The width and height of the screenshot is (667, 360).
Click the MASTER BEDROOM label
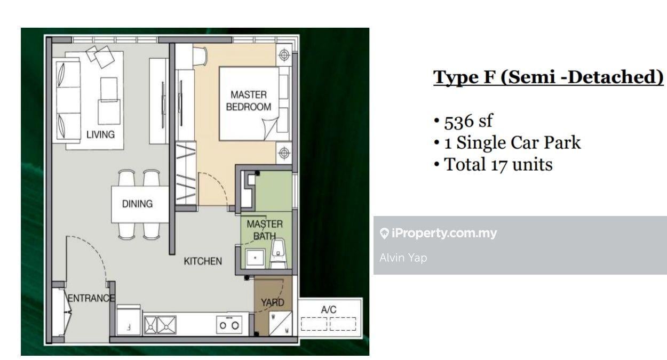coord(249,101)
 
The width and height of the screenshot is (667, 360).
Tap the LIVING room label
coord(100,134)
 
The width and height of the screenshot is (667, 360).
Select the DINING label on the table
coord(137,204)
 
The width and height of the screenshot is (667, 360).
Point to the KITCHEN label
coord(203,261)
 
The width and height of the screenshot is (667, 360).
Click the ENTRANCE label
coord(91,298)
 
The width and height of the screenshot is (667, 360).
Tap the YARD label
coord(273,302)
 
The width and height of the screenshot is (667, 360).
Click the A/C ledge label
coord(329,310)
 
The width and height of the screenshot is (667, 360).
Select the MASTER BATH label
coord(265,230)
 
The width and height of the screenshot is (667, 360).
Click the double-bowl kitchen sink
coord(160,325)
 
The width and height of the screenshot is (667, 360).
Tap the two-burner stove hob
coord(229,325)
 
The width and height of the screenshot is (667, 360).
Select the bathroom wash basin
coord(255,259)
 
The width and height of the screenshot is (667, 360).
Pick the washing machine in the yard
coord(280,323)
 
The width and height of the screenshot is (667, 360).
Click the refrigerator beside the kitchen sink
coord(129,320)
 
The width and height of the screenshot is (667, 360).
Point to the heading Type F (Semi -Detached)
coord(549,77)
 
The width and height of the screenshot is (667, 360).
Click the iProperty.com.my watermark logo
coord(438,233)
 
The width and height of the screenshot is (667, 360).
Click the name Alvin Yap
coord(403,258)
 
